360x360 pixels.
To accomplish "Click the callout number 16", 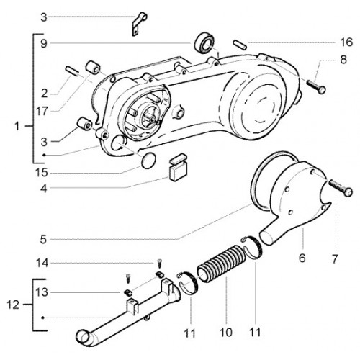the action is pos(346,42).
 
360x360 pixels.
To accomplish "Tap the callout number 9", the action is pos(44,44).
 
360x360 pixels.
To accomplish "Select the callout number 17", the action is pos(42,112).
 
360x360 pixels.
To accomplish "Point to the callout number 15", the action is pos(42,173).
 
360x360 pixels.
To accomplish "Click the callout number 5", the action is pos(43,239).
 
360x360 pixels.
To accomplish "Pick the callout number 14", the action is pos(42,264).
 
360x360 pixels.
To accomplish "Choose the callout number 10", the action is pos(226,333).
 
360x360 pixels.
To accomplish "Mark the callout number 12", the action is pos(13,305).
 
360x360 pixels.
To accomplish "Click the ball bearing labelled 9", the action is pos(204,42).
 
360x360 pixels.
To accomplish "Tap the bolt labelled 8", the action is pos(316,86).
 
